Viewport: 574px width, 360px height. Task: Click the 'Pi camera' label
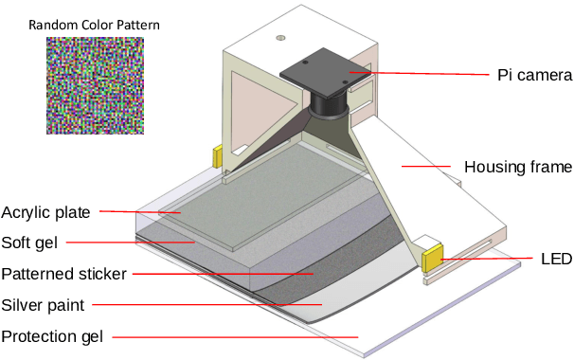pos(535,73)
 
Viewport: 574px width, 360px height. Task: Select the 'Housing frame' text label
pos(517,168)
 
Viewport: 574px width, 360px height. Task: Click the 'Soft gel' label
pos(29,242)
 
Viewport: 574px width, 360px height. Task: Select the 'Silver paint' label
pos(44,305)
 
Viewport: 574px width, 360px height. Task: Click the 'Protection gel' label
pos(51,336)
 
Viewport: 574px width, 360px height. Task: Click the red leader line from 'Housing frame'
pos(425,168)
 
